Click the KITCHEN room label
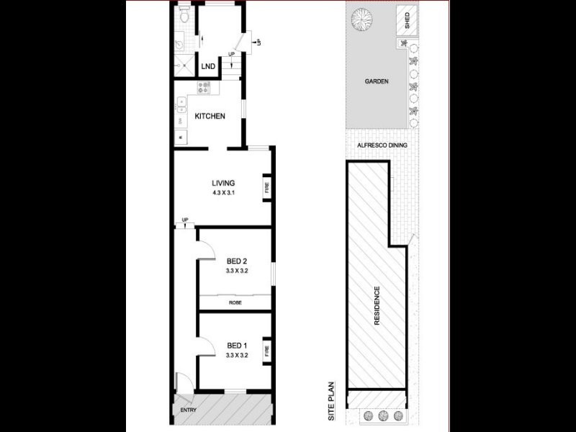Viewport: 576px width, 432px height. (210, 117)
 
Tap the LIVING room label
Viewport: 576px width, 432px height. (223, 183)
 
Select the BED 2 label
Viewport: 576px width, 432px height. (237, 261)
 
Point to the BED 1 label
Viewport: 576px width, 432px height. (237, 345)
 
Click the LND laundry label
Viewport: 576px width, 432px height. (208, 67)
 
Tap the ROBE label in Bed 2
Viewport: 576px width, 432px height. (235, 302)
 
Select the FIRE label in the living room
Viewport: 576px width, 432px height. (267, 189)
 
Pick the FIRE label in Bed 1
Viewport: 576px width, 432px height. (267, 351)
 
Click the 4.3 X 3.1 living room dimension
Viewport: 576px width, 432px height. (223, 194)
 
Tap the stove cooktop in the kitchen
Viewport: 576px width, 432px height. (204, 89)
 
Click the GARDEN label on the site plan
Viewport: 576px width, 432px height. (376, 81)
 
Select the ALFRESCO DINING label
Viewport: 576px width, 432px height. (382, 145)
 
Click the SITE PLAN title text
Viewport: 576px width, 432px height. (332, 400)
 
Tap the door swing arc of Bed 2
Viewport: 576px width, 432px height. (207, 248)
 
